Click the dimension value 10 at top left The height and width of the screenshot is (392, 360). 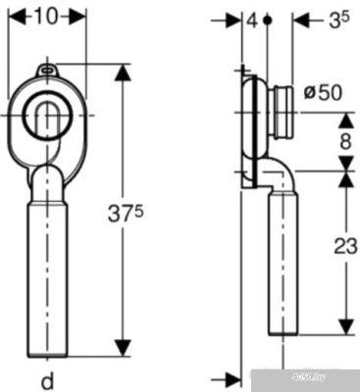tap(45, 17)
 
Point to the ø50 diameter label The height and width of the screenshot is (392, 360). tap(323, 93)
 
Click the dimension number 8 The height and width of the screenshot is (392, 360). tap(345, 141)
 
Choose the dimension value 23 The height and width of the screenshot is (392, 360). tap(345, 246)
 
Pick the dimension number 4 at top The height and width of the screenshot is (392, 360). tap(252, 21)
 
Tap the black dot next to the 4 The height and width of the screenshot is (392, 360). tap(268, 21)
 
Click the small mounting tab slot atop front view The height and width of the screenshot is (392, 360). tap(48, 69)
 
